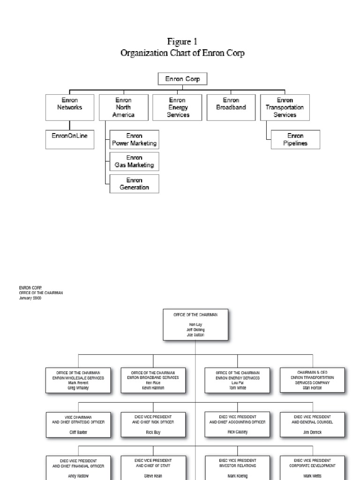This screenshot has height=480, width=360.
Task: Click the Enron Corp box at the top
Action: (x=182, y=79)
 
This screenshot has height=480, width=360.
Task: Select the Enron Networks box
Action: (x=69, y=107)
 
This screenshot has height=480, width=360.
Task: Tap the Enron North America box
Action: (x=123, y=107)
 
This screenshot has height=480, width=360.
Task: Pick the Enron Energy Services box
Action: (x=178, y=107)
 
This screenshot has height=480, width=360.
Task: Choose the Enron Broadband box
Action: (x=231, y=104)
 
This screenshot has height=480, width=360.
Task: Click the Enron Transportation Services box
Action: (x=285, y=107)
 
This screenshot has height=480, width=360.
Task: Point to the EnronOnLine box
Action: (x=69, y=136)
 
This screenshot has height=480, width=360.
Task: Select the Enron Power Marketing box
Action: (x=134, y=140)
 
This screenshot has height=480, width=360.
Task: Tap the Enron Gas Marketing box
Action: (x=134, y=162)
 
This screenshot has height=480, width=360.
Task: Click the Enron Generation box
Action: (x=134, y=184)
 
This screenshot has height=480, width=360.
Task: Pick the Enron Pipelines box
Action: (x=295, y=140)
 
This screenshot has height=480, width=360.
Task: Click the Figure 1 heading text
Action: (x=182, y=42)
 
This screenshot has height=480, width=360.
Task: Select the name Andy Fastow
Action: (x=78, y=475)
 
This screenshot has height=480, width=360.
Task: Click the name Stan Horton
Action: (x=313, y=388)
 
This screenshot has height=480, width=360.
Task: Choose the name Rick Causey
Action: (x=237, y=432)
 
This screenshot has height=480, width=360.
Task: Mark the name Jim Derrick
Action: (x=313, y=432)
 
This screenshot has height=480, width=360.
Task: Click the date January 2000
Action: (x=30, y=297)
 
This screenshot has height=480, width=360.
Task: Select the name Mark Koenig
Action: (x=237, y=475)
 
